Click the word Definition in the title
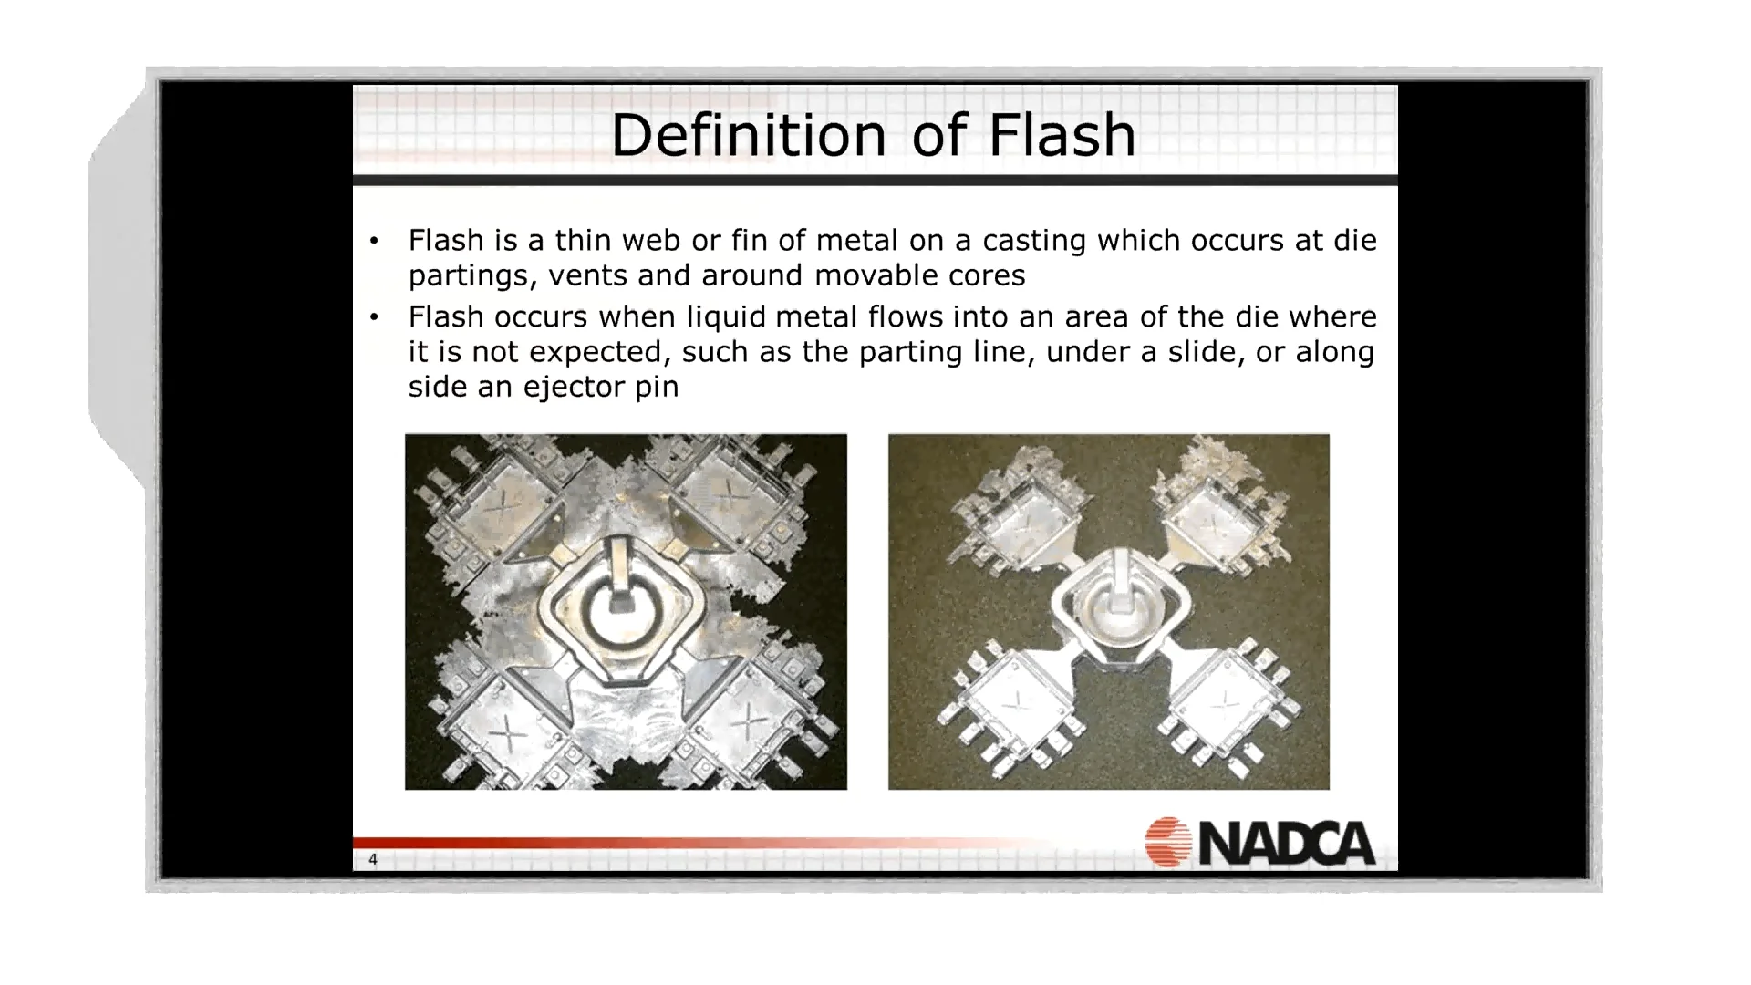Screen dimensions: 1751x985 [x=748, y=135]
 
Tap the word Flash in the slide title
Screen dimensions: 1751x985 [x=1062, y=135]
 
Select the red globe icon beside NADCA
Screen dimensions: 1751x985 [x=1168, y=841]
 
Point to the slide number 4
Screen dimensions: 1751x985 [x=372, y=859]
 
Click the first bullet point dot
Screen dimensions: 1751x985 [x=374, y=241]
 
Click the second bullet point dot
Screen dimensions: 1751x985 [x=374, y=317]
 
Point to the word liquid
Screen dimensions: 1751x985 [x=726, y=317]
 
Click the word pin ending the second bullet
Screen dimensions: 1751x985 [x=657, y=388]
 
